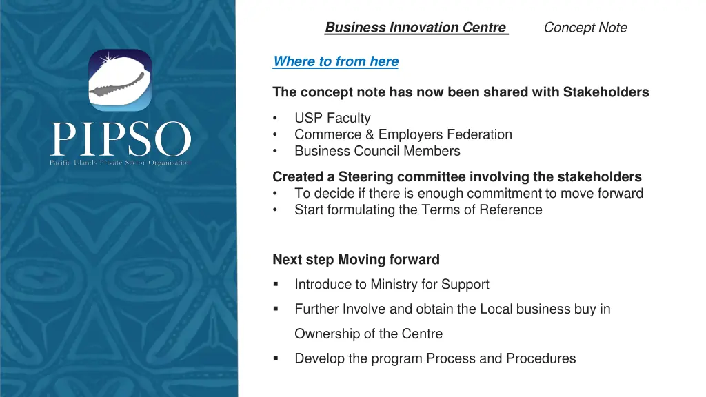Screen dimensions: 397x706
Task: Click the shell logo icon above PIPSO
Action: tap(120, 80)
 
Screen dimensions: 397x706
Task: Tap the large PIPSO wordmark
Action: tap(121, 140)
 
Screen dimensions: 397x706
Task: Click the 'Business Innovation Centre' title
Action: tap(416, 28)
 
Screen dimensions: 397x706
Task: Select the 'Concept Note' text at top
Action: tap(585, 28)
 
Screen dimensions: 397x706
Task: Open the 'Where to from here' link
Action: tap(336, 61)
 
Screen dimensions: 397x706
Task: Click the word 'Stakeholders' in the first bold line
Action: tap(606, 92)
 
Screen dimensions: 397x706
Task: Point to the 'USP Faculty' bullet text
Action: tap(332, 118)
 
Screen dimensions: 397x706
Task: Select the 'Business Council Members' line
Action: tap(377, 151)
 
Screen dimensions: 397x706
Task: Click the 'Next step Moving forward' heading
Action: tap(356, 260)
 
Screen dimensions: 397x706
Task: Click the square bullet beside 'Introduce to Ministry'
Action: tap(276, 284)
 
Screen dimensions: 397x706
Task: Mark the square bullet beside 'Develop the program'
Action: tap(276, 358)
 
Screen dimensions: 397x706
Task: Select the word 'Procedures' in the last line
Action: tap(541, 358)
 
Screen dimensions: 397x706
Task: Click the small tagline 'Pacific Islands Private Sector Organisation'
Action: tap(120, 163)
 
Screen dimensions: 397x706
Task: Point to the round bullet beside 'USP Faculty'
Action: tap(276, 118)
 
